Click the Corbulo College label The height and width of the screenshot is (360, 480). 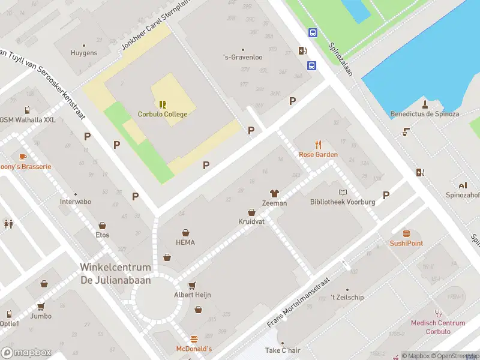[x=163, y=115]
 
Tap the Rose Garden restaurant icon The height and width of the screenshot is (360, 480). [x=319, y=145]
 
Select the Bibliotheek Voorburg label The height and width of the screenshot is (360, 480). [x=343, y=202]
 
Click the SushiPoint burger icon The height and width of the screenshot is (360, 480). [x=407, y=233]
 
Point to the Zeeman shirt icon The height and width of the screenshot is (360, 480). [x=274, y=193]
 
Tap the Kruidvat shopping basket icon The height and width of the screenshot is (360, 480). [x=251, y=212]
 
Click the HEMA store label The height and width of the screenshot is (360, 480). [x=185, y=242]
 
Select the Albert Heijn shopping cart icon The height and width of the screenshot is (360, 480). [x=192, y=285]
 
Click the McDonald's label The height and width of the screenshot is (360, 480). [x=194, y=349]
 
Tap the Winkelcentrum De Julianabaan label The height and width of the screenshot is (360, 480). [x=116, y=273]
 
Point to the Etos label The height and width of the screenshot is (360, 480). [x=102, y=235]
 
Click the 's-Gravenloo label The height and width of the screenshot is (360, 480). [x=242, y=58]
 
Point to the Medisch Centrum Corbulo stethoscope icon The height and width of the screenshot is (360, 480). [x=438, y=313]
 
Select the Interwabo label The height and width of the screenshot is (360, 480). [x=76, y=202]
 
